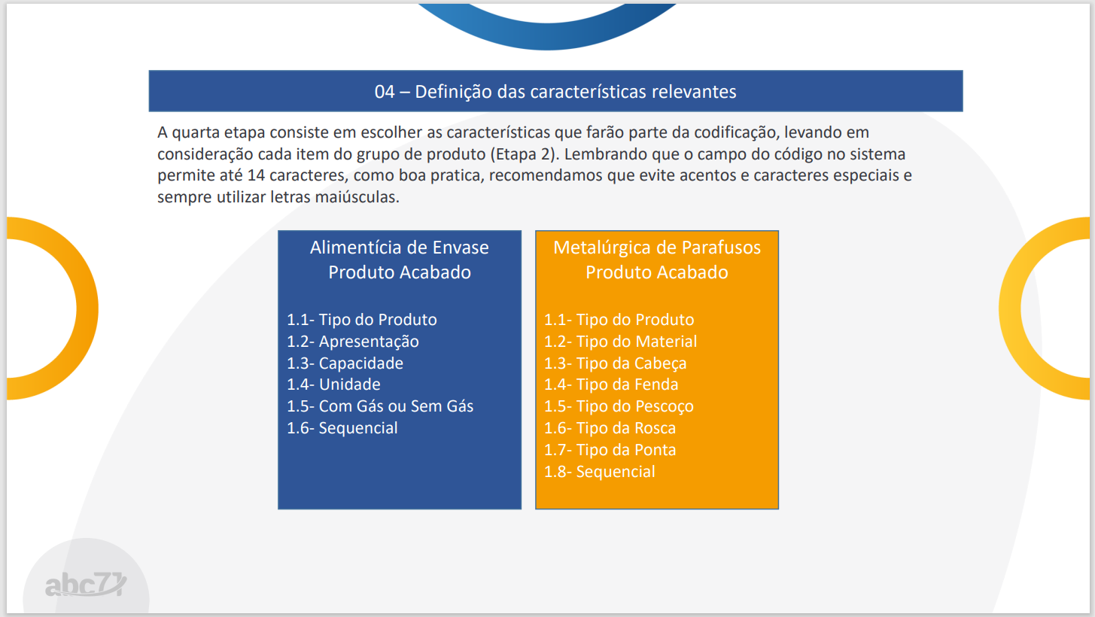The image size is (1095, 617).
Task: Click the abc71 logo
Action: pyautogui.click(x=86, y=584)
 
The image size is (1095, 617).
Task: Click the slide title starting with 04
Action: pyautogui.click(x=555, y=92)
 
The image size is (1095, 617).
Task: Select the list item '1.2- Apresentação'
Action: pyautogui.click(x=352, y=342)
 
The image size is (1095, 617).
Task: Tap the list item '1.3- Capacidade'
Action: pyautogui.click(x=345, y=363)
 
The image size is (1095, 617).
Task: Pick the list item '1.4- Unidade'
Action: pyautogui.click(x=333, y=384)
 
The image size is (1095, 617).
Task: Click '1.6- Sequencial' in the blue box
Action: pyautogui.click(x=342, y=428)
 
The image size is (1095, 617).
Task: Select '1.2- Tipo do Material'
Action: pyautogui.click(x=620, y=342)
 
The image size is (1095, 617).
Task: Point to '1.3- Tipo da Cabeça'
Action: pyautogui.click(x=615, y=363)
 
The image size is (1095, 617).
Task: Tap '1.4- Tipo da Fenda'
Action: pyautogui.click(x=611, y=384)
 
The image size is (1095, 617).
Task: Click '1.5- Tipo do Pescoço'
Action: pyautogui.click(x=619, y=406)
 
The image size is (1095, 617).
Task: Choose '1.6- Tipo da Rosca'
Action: pyautogui.click(x=610, y=428)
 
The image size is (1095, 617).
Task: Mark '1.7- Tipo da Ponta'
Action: pyautogui.click(x=610, y=450)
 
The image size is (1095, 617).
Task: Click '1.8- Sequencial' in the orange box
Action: pyautogui.click(x=599, y=472)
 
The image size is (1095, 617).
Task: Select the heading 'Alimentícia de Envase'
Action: pyautogui.click(x=400, y=248)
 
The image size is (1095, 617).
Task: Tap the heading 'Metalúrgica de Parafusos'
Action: pyautogui.click(x=657, y=248)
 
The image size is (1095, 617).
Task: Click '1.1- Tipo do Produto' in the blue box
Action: pyautogui.click(x=362, y=320)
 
